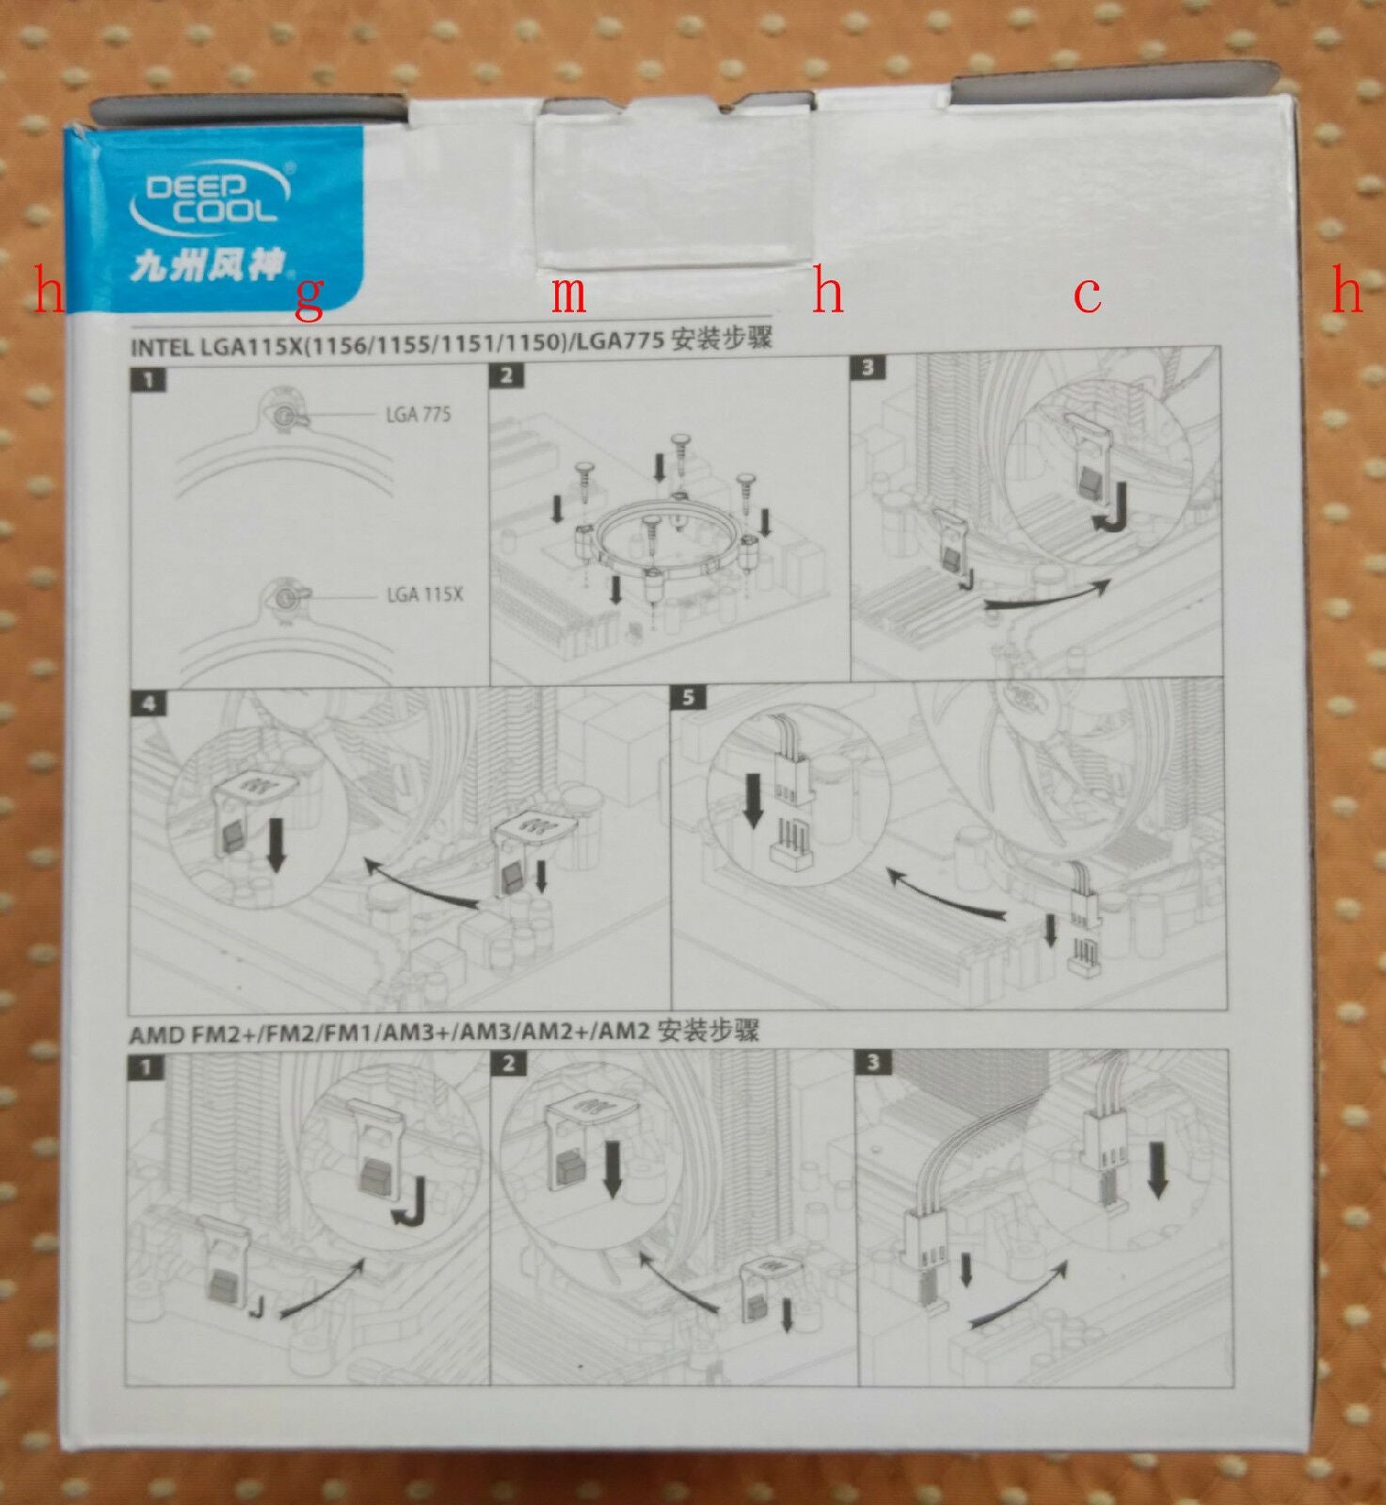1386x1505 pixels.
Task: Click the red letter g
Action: pyautogui.click(x=310, y=297)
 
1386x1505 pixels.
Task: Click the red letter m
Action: pyautogui.click(x=568, y=293)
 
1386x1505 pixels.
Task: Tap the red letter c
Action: pyautogui.click(x=1087, y=294)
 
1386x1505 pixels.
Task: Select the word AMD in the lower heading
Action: pyautogui.click(x=157, y=1035)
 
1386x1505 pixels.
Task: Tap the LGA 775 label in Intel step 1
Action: pyautogui.click(x=418, y=414)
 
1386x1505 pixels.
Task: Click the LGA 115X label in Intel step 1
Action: pyautogui.click(x=424, y=594)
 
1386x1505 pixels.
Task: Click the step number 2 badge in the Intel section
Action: pyautogui.click(x=506, y=376)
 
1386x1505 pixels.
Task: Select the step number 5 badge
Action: pyautogui.click(x=689, y=698)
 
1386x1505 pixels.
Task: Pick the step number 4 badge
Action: pyautogui.click(x=149, y=704)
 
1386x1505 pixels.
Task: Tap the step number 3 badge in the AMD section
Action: pyautogui.click(x=872, y=1062)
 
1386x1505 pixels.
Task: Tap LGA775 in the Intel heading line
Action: pyautogui.click(x=620, y=341)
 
